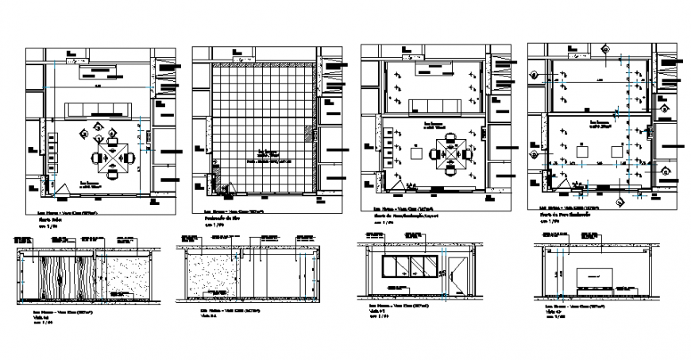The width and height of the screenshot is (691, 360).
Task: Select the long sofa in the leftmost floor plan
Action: (x=99, y=109)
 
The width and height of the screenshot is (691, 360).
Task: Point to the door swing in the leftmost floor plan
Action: (x=60, y=188)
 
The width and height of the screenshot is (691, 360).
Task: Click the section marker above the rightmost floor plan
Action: (x=605, y=45)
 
